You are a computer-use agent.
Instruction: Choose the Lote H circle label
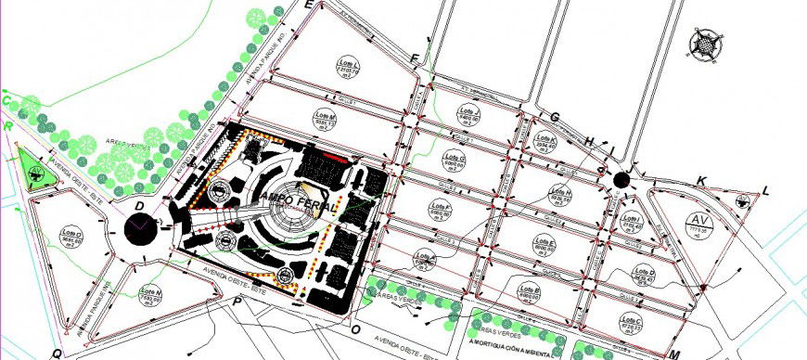561,195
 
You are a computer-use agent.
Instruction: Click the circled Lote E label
544,245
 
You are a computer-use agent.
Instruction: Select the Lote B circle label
532,293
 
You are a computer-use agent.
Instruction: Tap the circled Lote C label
633,324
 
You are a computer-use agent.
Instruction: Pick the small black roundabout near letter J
621,179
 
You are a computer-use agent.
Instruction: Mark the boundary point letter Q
56,353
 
